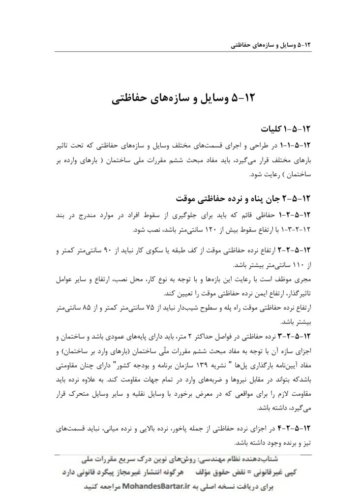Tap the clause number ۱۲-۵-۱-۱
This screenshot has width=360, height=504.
(294, 146)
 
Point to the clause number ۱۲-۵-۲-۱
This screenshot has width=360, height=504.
(294, 215)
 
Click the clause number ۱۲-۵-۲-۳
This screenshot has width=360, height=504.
(294, 337)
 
